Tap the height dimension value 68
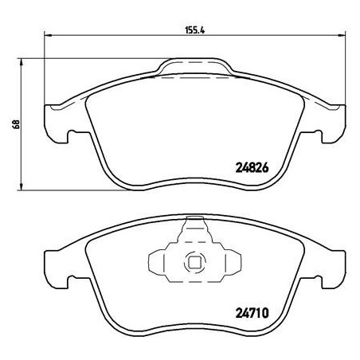14,125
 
